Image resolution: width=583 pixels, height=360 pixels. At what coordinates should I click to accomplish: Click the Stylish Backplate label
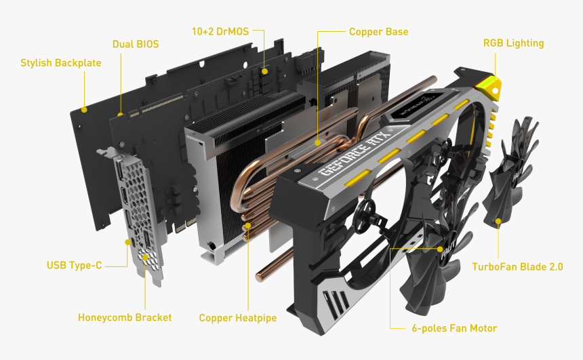coord(60,63)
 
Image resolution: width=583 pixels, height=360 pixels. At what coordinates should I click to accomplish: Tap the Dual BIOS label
coord(136,44)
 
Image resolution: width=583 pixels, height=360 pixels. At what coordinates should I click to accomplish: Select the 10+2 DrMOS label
coord(220,32)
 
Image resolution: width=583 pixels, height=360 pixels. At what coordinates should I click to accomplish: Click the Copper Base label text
coord(378,32)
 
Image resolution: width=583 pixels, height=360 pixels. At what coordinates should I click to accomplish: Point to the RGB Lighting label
coord(513,43)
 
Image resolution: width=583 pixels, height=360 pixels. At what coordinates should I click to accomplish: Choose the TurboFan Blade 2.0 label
coord(517,266)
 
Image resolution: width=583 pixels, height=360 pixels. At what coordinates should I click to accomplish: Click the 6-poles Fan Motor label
coord(454,328)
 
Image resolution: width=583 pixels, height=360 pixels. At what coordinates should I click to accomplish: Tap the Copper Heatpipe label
coord(237,318)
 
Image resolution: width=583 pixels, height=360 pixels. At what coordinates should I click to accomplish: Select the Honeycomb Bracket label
coord(125,317)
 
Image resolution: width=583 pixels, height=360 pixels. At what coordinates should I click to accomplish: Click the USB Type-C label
coord(74,265)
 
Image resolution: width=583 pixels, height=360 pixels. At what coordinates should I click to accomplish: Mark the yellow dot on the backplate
coord(85,109)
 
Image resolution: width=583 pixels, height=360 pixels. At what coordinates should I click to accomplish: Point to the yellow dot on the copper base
coord(317,142)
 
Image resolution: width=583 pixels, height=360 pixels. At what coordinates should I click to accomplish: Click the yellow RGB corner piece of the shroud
coord(488,86)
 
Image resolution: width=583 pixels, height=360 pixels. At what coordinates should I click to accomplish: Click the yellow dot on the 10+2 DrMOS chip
coord(264,71)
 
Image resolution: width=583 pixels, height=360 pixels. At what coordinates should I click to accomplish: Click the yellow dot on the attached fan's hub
coord(440,249)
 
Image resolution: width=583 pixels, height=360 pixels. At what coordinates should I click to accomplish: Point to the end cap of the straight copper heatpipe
coord(260,277)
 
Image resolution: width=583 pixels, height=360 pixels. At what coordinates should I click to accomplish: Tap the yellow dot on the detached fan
coord(498,221)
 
